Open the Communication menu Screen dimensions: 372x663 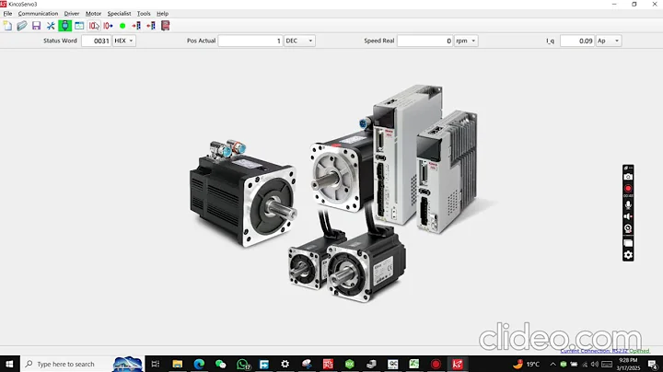(38, 14)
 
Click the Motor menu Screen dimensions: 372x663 (93, 14)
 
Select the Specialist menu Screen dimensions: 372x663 (119, 14)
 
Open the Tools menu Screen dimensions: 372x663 (144, 14)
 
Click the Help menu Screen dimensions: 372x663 (162, 14)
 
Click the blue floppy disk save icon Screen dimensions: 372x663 (36, 26)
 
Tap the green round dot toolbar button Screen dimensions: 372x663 (122, 26)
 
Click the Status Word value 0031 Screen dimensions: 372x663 (96, 41)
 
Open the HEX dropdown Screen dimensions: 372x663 (123, 41)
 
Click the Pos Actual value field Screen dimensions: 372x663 (250, 41)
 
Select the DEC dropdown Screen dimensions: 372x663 (299, 41)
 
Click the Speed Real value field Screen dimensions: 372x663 (425, 41)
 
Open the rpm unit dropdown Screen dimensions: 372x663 (466, 41)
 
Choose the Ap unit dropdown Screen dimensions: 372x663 (609, 41)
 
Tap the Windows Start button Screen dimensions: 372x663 (9, 364)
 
